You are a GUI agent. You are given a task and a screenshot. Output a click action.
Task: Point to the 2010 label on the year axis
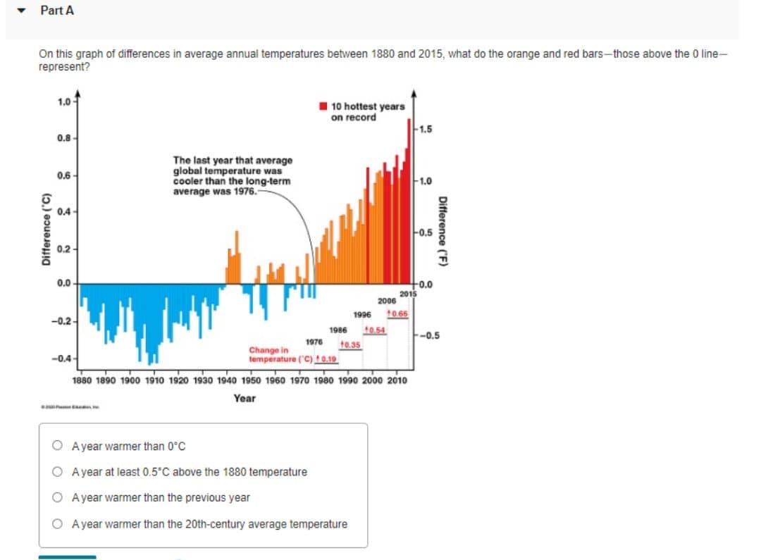396,380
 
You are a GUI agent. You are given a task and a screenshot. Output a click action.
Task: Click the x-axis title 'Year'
245,398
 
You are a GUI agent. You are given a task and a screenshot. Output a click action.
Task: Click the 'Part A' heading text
57,11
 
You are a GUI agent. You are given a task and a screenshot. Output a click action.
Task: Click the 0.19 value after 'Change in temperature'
328,359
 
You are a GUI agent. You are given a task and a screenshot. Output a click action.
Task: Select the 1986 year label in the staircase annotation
338,329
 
